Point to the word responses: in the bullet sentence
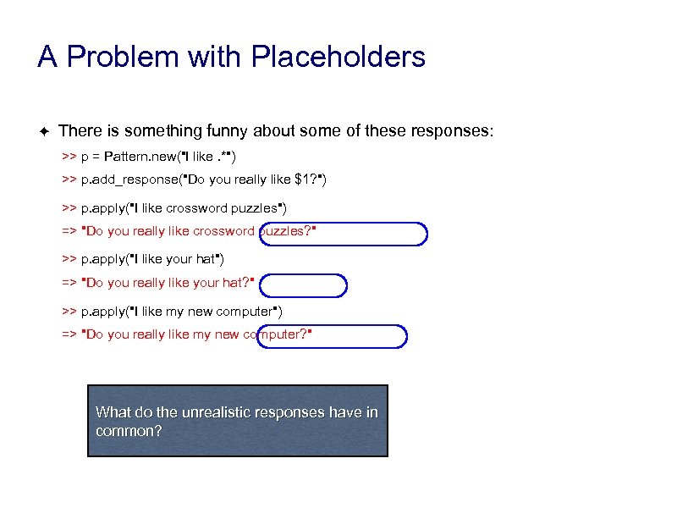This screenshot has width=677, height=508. (452, 131)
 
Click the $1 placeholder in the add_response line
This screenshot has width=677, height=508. (302, 179)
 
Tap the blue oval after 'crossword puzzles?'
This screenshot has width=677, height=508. (344, 233)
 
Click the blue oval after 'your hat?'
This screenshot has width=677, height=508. (302, 285)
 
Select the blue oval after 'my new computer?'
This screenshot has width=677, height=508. (333, 336)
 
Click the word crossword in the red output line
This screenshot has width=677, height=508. (223, 232)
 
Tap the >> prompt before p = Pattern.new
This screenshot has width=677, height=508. (69, 157)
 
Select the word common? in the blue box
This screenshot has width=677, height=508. (129, 430)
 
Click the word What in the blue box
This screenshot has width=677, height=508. (111, 412)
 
